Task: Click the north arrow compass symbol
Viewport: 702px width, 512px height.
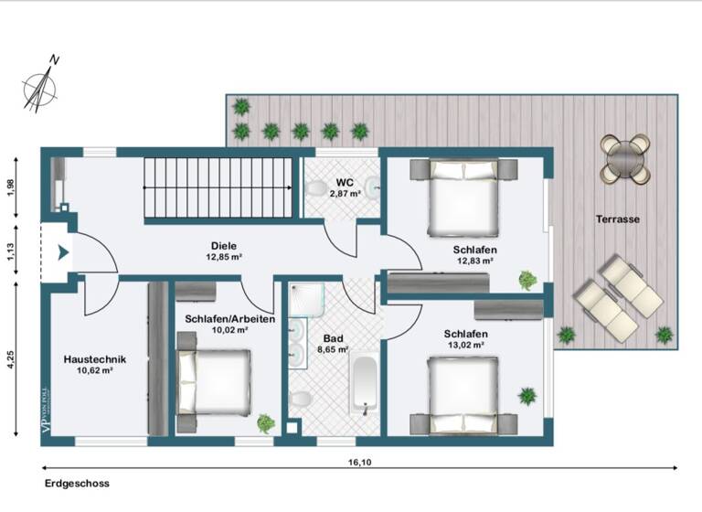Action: pos(41,83)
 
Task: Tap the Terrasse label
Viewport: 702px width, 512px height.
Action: pos(618,219)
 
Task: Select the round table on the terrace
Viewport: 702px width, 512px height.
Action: pos(625,159)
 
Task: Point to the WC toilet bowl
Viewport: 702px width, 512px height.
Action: pos(316,189)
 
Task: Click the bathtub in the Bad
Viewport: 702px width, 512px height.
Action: pos(365,385)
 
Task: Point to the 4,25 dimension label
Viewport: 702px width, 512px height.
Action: pos(11,359)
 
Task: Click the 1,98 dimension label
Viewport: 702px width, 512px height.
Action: pos(11,186)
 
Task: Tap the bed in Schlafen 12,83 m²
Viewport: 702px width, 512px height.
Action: pos(464,196)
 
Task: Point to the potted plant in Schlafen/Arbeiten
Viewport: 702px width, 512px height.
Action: pos(265,422)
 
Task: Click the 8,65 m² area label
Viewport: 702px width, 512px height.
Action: pos(332,349)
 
